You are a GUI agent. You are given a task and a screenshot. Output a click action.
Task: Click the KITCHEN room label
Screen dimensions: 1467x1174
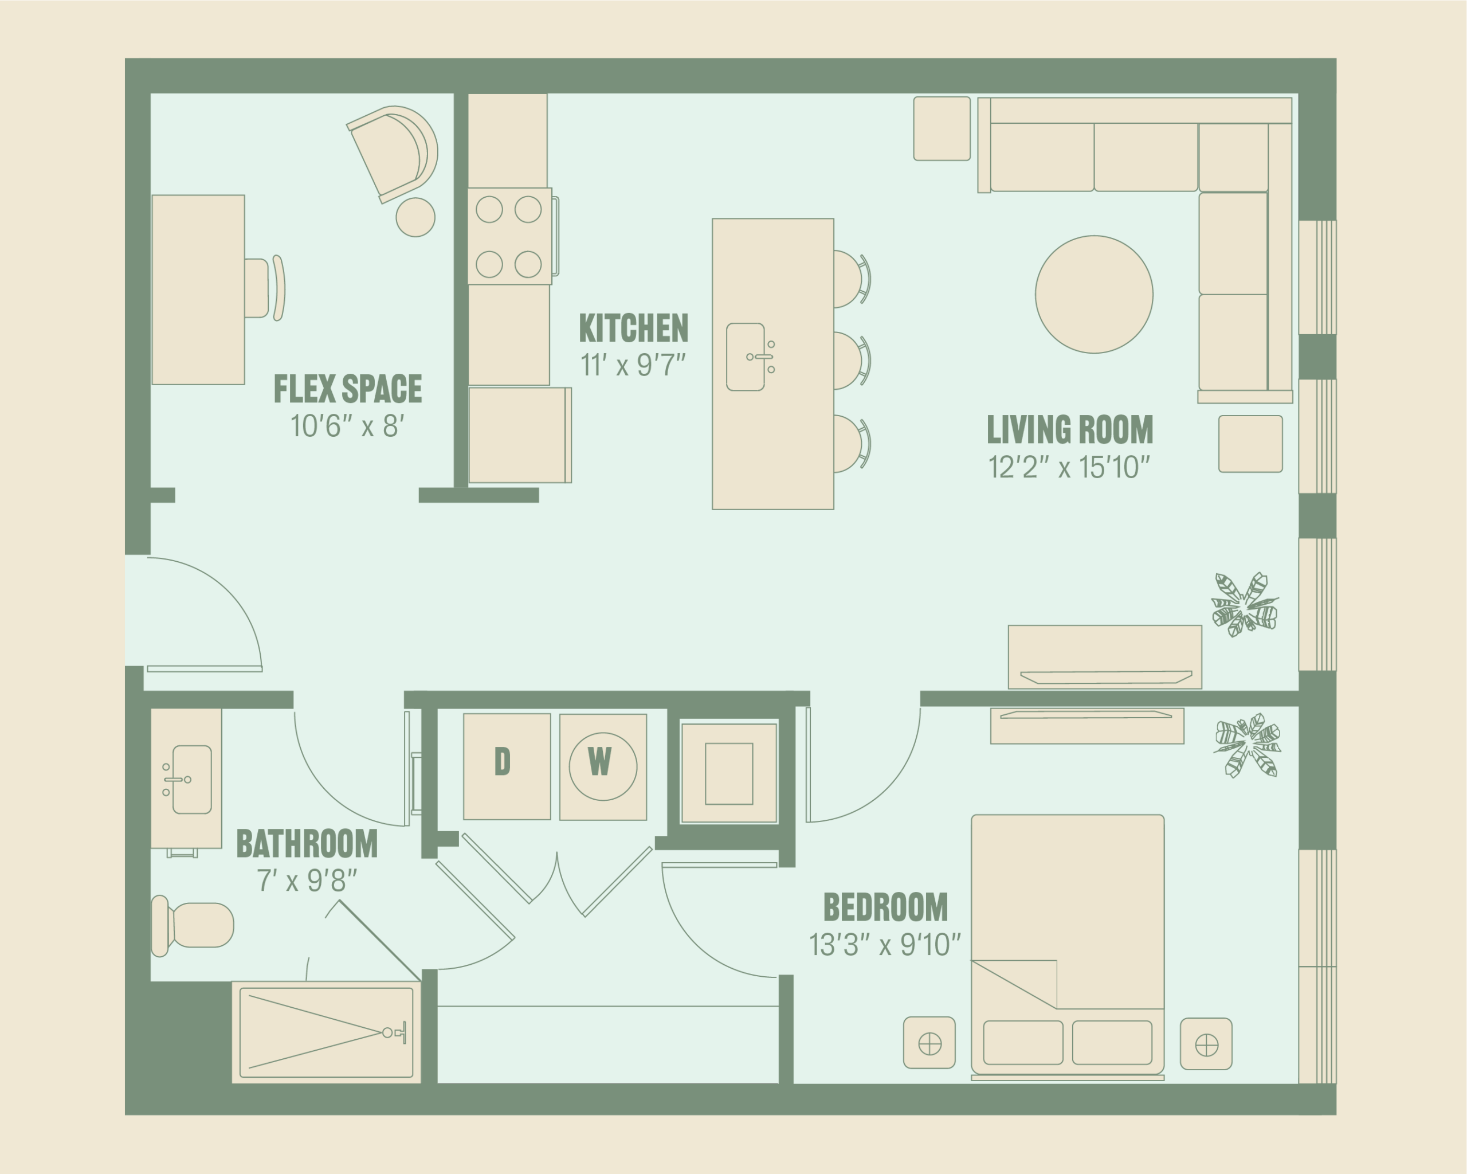pyautogui.click(x=633, y=328)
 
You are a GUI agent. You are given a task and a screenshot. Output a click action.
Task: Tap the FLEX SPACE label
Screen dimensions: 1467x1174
pyautogui.click(x=348, y=389)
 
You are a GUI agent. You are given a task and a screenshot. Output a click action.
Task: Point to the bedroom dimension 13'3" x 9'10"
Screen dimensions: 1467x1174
pyautogui.click(x=885, y=945)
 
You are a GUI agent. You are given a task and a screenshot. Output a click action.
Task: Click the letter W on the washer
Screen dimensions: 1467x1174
pyautogui.click(x=599, y=762)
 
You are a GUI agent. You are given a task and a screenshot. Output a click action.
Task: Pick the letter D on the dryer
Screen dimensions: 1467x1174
pyautogui.click(x=502, y=762)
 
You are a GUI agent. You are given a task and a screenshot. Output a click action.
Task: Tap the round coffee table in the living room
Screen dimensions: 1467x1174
pyautogui.click(x=1094, y=294)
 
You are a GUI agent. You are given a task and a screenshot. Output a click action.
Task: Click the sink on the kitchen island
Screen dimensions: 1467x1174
pyautogui.click(x=746, y=357)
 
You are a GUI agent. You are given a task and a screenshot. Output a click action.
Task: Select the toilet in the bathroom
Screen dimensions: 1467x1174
pyautogui.click(x=193, y=926)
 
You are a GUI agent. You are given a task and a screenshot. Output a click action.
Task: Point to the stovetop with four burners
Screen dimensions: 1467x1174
pyautogui.click(x=509, y=236)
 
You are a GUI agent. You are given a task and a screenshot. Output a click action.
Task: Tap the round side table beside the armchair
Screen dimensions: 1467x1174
pyautogui.click(x=415, y=217)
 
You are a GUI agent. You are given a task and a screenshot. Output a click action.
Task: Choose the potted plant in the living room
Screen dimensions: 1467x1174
pyautogui.click(x=1245, y=604)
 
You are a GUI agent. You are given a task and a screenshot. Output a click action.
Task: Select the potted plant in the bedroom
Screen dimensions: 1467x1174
pyautogui.click(x=1247, y=745)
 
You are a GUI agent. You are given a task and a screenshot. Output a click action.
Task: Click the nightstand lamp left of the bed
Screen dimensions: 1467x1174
pyautogui.click(x=929, y=1043)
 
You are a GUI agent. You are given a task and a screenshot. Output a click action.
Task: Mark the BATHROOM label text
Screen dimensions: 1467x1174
pyautogui.click(x=307, y=844)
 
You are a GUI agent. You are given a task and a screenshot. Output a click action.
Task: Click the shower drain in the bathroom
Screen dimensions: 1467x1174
pyautogui.click(x=387, y=1032)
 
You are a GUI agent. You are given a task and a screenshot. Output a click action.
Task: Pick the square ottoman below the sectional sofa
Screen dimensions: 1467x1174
pyautogui.click(x=1250, y=444)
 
